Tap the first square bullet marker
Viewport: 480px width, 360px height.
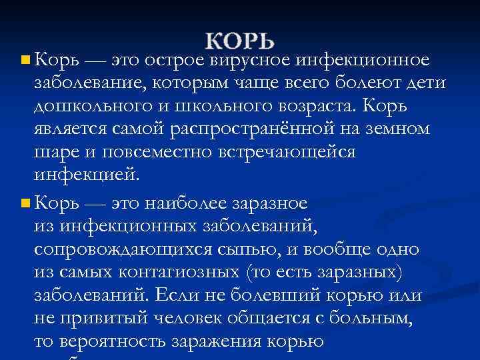click(25, 61)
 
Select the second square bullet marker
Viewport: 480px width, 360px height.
click(25, 201)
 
